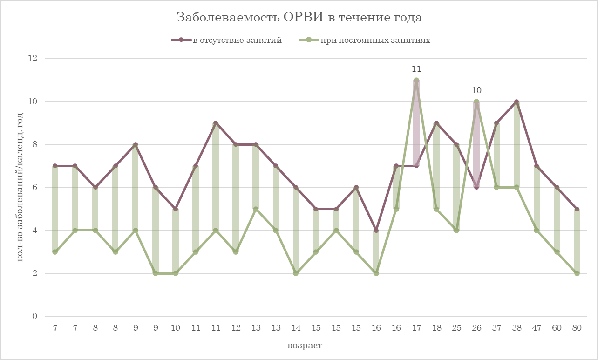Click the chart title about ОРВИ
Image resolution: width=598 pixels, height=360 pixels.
coord(299,18)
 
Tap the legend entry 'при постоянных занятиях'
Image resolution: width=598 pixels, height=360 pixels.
coord(375,40)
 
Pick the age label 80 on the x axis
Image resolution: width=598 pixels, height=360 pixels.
coord(577,328)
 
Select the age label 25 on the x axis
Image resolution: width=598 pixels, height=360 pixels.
coord(456,328)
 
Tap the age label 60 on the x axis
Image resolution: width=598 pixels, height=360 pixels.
coord(557,328)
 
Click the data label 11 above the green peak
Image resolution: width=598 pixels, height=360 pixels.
coord(416,69)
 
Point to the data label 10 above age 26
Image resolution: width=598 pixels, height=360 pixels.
coord(476,91)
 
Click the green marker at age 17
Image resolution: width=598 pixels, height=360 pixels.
coord(416,80)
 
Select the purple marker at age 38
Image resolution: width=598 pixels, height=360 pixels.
coord(516,102)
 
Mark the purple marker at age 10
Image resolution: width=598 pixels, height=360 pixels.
coord(176,209)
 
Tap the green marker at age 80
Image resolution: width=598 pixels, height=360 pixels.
coord(577,273)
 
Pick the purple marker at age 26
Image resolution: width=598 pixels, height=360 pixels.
coord(476,187)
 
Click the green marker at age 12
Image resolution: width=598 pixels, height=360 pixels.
coord(236,252)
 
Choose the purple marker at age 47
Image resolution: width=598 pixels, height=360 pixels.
coord(537,166)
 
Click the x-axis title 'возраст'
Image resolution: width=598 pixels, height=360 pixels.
coord(305,346)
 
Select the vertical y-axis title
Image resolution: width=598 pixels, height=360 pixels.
coord(20,187)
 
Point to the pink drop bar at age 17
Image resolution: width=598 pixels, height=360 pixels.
coord(416,123)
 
